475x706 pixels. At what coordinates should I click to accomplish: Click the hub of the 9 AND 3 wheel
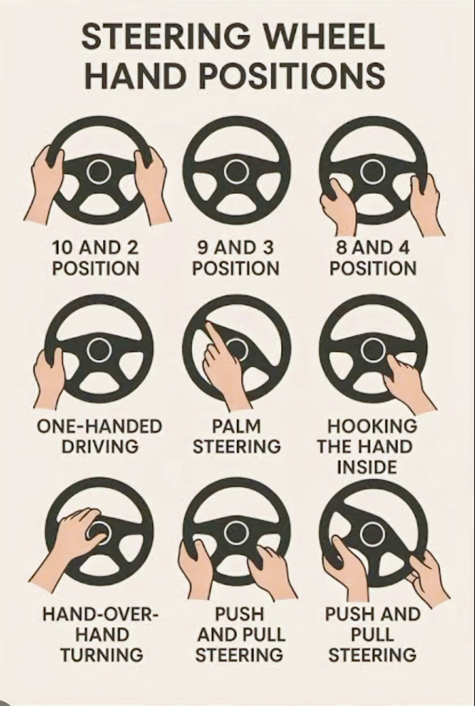[237, 172]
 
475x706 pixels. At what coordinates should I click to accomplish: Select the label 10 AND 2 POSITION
[96, 258]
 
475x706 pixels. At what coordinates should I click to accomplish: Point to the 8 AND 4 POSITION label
[373, 258]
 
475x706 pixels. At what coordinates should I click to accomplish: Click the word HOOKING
[372, 426]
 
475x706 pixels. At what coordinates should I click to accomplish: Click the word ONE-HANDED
[99, 426]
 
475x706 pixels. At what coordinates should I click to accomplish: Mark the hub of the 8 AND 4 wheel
[373, 172]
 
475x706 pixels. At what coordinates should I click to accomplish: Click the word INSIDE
[367, 467]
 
